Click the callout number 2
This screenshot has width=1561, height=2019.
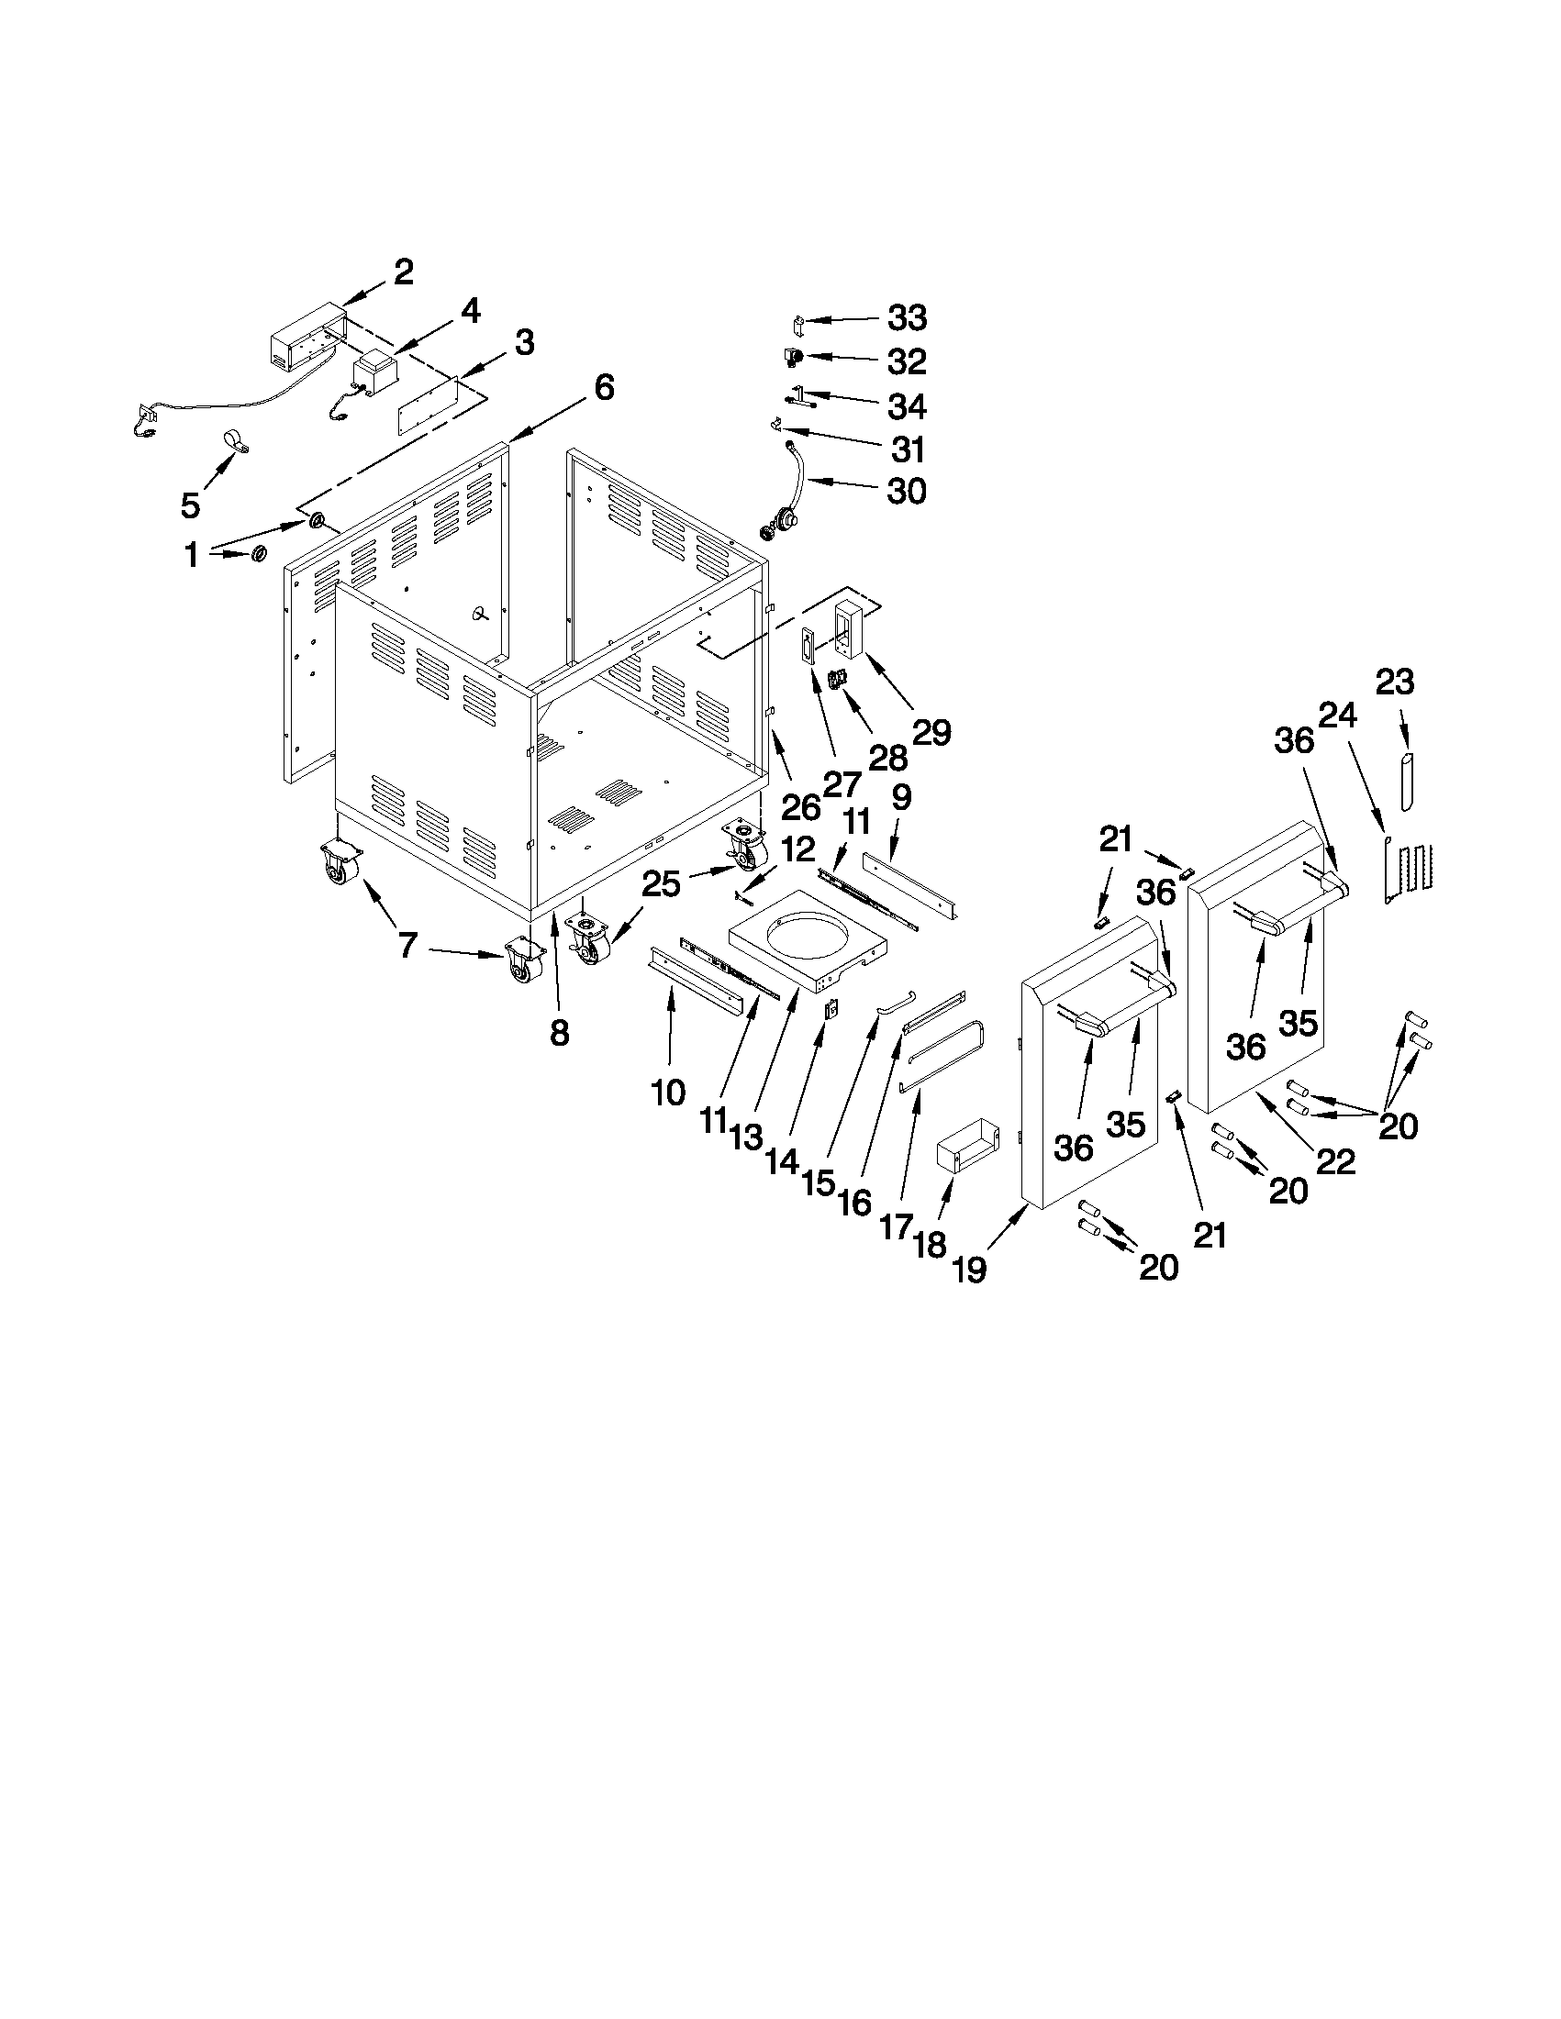coord(403,272)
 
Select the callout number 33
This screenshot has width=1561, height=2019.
coord(907,318)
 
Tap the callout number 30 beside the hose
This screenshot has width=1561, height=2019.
coord(907,491)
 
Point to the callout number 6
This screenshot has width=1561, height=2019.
coord(603,387)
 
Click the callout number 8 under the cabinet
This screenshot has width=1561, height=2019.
coord(559,1033)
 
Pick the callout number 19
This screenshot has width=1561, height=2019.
coord(969,1270)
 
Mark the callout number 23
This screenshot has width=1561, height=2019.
coord(1395,682)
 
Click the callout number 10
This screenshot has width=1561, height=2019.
coord(668,1093)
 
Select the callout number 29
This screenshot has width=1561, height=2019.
coord(931,732)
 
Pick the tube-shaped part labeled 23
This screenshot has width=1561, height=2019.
coord(1407,782)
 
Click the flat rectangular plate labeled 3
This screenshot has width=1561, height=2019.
coord(428,403)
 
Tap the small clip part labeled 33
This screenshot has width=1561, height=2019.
coord(799,325)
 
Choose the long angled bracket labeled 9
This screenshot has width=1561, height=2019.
coord(910,890)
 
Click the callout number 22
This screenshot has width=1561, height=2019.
coord(1336,1160)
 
